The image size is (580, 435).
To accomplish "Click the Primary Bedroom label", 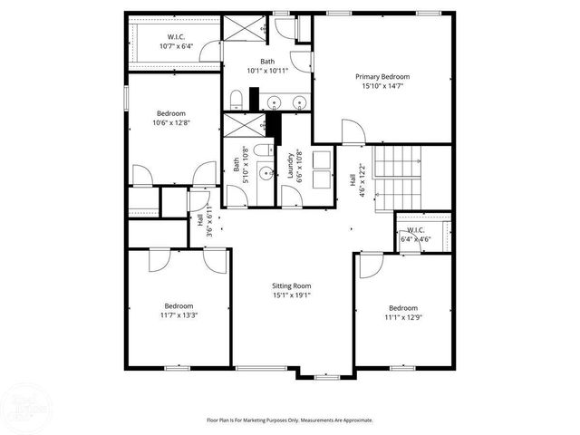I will [382, 78].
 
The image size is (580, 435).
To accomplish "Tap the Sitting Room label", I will [291, 285].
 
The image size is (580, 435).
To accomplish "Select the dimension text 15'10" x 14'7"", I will [382, 88].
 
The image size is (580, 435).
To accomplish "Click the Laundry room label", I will [291, 166].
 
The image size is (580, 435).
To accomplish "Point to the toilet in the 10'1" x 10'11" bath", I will [234, 99].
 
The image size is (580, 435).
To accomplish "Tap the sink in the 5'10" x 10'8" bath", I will [265, 171].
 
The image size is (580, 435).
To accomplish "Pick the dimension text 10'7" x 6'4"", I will [176, 46].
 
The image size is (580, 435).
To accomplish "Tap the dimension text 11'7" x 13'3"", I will [178, 316].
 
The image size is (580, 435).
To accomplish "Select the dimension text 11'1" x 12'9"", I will [403, 317].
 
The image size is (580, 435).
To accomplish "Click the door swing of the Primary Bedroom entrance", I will [352, 134].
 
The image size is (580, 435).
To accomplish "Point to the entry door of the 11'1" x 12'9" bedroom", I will [370, 266].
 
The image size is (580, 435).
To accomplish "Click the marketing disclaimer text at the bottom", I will [289, 420].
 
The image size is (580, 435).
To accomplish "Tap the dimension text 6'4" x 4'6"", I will [416, 239].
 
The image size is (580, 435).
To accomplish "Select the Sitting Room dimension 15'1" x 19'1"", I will [291, 295].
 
